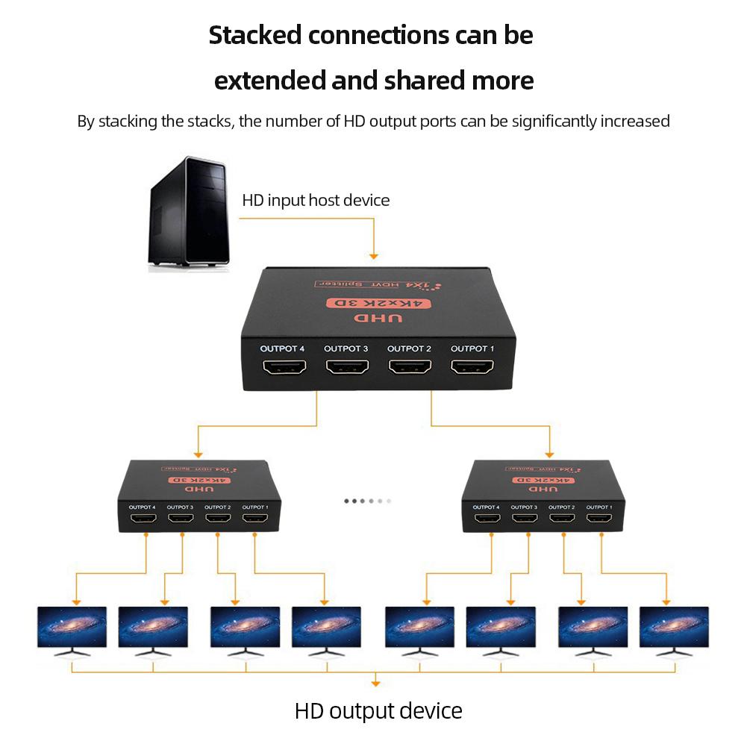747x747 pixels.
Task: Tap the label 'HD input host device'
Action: coord(316,200)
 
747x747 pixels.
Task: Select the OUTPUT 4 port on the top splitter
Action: coord(283,368)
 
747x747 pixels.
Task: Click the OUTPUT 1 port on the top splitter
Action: coord(472,368)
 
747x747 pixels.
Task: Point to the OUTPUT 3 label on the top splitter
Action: coord(346,349)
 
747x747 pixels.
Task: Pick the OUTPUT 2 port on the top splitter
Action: coord(410,368)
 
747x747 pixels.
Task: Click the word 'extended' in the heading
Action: coord(269,80)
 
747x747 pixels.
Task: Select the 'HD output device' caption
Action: coord(378,710)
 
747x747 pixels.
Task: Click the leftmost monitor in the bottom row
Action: coord(72,628)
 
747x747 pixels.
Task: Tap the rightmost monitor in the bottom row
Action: coord(674,628)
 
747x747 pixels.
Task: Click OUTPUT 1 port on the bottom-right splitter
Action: coord(598,517)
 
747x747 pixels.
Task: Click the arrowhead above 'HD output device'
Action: coord(375,682)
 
